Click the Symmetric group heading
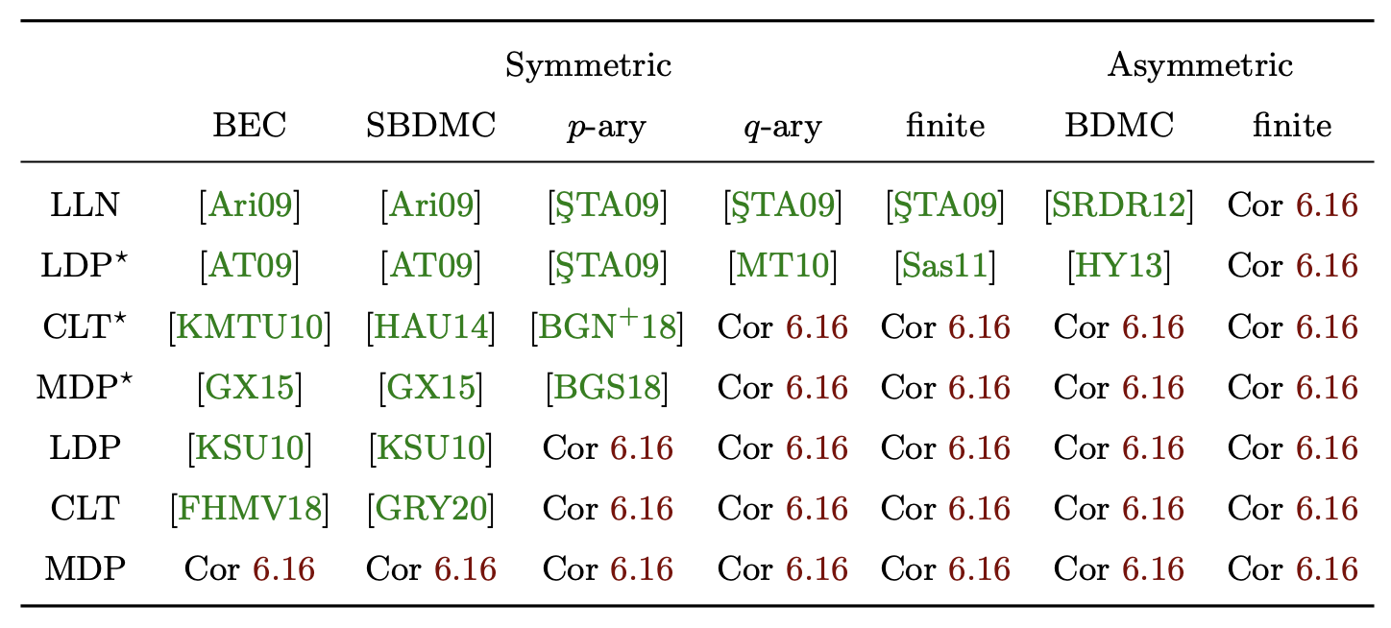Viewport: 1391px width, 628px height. click(588, 66)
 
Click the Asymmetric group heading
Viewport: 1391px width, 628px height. click(1200, 66)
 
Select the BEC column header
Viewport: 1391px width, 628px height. click(250, 126)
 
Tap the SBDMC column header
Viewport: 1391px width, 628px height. click(430, 126)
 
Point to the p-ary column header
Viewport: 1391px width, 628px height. click(607, 127)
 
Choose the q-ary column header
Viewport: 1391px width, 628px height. click(782, 127)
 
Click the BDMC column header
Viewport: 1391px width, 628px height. click(1119, 126)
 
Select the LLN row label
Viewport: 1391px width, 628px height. click(85, 205)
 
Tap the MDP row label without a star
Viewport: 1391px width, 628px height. click(85, 569)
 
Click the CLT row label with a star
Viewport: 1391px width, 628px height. click(85, 327)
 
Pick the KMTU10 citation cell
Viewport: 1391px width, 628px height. click(250, 327)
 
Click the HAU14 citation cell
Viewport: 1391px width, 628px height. click(430, 327)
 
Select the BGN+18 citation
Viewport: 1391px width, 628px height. click(607, 327)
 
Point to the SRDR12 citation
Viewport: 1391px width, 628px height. click(1119, 205)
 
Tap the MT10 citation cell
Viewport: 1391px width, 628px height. click(782, 266)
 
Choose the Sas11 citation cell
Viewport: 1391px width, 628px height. click(945, 266)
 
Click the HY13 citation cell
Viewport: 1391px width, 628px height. click(1119, 266)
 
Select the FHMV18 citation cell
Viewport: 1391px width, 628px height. click(250, 509)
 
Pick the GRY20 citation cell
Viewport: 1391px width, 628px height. click(430, 509)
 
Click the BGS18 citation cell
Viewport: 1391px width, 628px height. click(607, 388)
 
